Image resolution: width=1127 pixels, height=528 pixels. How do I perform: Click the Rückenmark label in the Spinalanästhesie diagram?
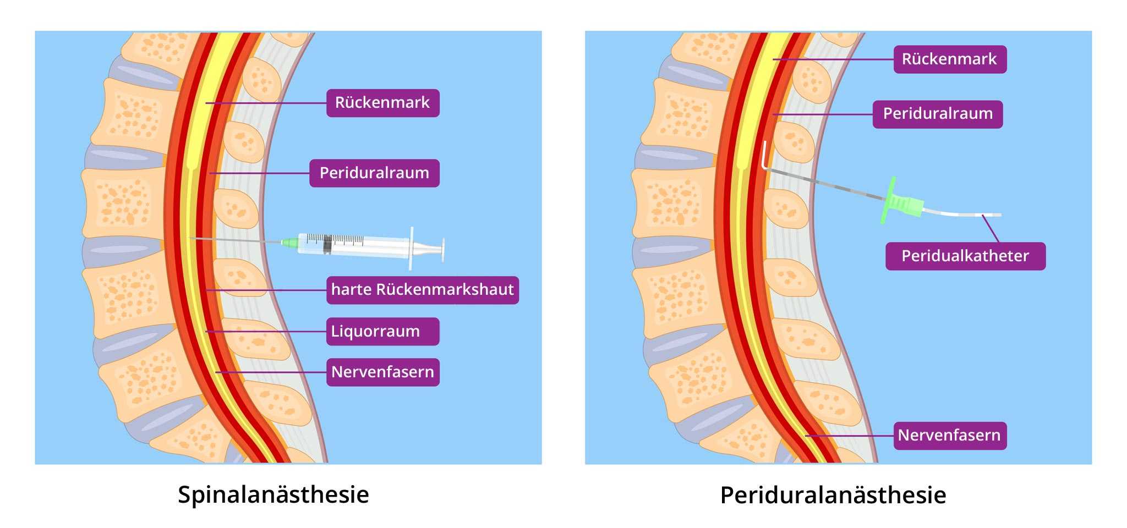click(382, 103)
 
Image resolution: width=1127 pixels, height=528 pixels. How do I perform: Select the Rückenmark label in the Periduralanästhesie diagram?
click(949, 59)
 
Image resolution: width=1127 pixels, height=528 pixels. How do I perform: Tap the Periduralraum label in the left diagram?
click(374, 173)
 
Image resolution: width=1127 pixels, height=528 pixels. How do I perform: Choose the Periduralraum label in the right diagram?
click(937, 114)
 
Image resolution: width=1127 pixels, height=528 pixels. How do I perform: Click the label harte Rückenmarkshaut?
click(422, 290)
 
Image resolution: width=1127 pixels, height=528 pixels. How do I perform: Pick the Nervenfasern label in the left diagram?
click(382, 372)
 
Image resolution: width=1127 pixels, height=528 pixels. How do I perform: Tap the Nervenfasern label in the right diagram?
click(949, 436)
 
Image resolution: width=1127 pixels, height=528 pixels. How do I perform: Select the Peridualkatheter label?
click(965, 256)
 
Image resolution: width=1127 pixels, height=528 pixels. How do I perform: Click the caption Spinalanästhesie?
click(273, 494)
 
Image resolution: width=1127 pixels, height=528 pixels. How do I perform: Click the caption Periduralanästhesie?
click(833, 495)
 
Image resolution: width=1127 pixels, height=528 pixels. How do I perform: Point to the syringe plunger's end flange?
click(442, 250)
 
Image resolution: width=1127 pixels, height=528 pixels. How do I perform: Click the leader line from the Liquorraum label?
click(264, 331)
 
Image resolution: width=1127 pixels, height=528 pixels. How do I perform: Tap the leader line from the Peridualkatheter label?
click(991, 229)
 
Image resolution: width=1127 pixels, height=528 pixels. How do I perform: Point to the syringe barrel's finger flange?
click(411, 249)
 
